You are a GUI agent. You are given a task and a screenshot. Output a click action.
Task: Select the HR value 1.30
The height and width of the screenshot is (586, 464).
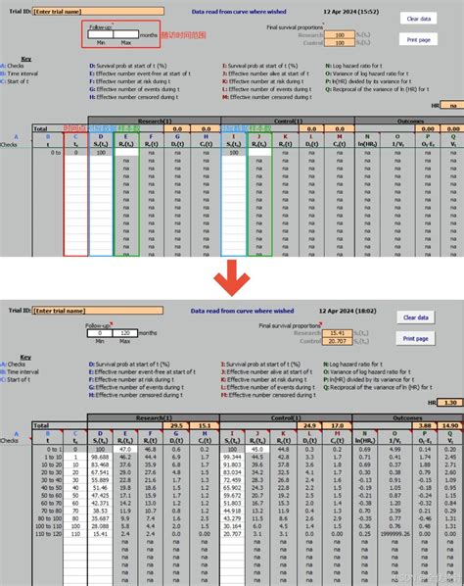coord(449,402)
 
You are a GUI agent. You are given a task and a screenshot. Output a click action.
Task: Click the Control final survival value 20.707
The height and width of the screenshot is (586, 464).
coord(339,339)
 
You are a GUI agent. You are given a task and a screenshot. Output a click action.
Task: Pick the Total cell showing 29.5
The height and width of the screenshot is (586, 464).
coord(177,425)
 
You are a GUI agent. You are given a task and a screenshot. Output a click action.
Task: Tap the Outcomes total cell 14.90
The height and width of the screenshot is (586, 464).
coord(449,425)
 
